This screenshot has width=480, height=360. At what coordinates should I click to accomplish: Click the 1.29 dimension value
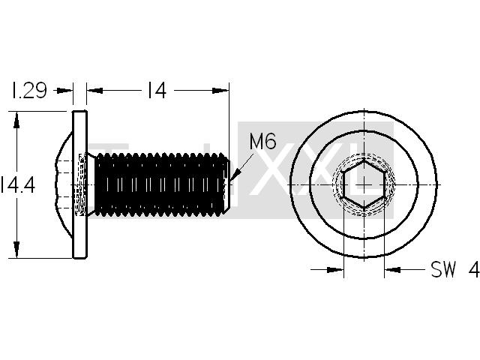tap(29, 90)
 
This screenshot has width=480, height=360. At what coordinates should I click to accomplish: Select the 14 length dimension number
tap(157, 90)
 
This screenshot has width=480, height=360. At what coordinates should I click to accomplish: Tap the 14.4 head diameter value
tap(18, 185)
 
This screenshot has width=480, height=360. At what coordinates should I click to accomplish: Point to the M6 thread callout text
tap(263, 141)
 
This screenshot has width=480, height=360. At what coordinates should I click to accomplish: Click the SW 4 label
tap(455, 269)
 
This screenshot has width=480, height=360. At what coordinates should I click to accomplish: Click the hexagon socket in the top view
tap(364, 184)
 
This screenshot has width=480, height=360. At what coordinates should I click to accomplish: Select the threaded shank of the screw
tap(160, 184)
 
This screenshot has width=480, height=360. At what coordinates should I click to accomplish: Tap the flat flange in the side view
tap(80, 184)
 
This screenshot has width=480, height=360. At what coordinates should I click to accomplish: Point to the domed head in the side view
tap(64, 184)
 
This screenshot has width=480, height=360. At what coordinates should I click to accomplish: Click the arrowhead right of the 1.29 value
tap(65, 91)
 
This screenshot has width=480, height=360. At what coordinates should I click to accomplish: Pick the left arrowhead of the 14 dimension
tap(94, 91)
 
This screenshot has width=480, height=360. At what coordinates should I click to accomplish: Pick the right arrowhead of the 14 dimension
tap(220, 91)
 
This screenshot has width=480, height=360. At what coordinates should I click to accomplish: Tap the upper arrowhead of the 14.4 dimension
tap(16, 120)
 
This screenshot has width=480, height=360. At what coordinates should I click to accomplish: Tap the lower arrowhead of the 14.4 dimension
tap(16, 250)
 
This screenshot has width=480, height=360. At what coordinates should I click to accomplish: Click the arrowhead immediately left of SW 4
tap(392, 270)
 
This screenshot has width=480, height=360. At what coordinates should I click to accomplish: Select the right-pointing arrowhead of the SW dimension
tap(335, 270)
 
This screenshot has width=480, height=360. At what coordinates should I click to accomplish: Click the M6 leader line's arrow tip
tap(231, 180)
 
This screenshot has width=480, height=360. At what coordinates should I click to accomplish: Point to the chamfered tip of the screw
tap(226, 184)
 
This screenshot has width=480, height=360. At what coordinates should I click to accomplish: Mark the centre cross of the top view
tap(364, 184)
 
